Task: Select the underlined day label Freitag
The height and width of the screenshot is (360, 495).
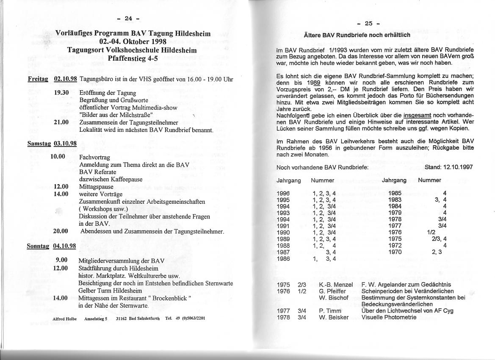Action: (37, 79)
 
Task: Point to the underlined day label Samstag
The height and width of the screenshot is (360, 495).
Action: (39, 144)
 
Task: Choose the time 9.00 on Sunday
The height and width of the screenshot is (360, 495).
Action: (62, 260)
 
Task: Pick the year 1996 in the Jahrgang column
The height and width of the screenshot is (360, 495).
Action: (283, 194)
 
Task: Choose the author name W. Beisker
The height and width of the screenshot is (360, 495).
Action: (334, 317)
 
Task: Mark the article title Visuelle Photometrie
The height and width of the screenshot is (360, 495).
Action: (389, 317)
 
